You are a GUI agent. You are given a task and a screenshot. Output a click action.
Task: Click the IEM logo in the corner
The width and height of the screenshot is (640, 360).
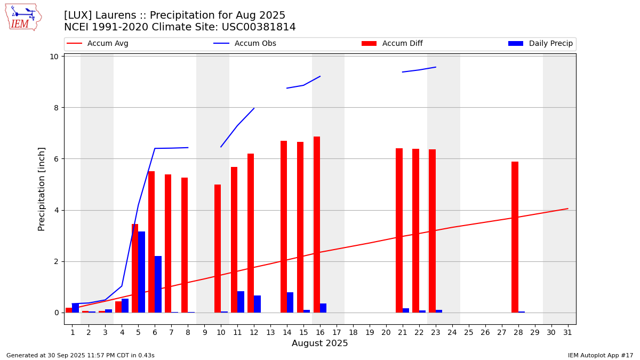(x=23, y=17)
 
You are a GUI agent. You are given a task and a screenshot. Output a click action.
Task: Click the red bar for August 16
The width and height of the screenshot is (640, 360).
(x=317, y=225)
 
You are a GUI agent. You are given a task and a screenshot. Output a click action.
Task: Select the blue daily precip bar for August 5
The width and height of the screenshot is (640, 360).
(x=141, y=272)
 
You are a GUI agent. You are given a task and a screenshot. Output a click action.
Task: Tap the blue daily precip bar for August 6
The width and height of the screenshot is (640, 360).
(x=158, y=284)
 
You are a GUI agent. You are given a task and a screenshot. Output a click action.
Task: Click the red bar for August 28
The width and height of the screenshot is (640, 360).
(x=515, y=237)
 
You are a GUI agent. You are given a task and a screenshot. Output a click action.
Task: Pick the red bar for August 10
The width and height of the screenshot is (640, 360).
(x=218, y=249)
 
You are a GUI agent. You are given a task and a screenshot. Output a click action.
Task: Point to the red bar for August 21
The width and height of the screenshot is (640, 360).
(x=399, y=230)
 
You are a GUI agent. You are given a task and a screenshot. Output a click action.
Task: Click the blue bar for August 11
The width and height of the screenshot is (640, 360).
(x=241, y=302)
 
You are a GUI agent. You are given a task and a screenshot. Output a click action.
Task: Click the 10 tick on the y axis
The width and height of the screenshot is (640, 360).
(x=54, y=57)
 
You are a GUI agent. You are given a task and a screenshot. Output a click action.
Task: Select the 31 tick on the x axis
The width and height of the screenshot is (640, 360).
(x=567, y=332)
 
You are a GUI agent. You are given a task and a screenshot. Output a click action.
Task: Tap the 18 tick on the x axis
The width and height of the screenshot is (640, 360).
(x=353, y=332)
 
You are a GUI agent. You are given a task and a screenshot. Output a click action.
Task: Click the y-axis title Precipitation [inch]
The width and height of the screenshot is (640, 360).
(x=42, y=189)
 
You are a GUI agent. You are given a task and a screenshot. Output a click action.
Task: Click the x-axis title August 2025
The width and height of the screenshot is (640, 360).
(x=319, y=343)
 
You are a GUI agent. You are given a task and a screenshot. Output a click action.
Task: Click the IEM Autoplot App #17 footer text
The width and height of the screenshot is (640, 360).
(x=601, y=355)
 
